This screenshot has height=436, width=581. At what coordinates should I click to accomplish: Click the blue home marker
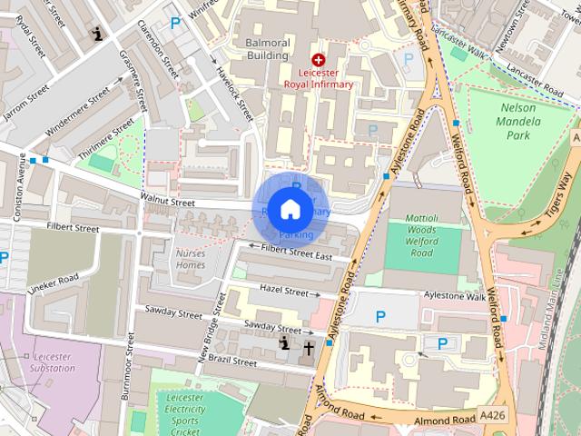pyautogui.click(x=290, y=209)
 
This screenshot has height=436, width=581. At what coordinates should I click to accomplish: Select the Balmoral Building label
pyautogui.click(x=258, y=49)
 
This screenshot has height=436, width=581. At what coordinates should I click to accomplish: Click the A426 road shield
pyautogui.click(x=491, y=415)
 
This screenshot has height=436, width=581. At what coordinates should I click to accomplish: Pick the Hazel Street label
pyautogui.click(x=283, y=291)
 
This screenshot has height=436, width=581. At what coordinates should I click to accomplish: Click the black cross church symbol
pyautogui.click(x=309, y=347)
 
